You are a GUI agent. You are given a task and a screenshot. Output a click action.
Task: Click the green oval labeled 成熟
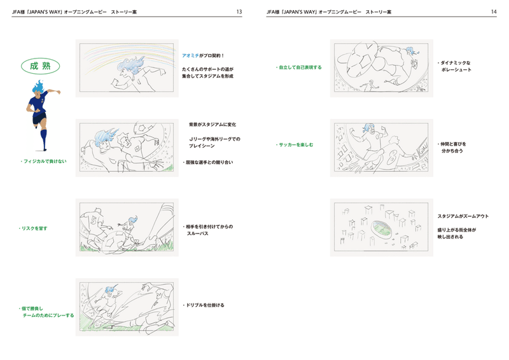point(40,66)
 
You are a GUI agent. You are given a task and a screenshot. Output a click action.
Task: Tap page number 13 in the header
point(239,11)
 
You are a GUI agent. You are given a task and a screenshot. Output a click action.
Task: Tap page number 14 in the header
point(494,11)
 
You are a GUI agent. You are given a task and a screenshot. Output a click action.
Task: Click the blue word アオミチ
point(190,55)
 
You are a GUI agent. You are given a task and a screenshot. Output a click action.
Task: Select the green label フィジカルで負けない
point(43,162)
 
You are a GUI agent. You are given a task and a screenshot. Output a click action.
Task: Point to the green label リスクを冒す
point(33,228)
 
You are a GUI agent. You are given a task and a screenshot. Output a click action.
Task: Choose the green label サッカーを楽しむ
point(295,145)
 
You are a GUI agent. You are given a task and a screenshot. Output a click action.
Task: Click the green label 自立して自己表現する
point(298,67)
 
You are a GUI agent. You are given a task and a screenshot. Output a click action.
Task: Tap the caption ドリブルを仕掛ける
point(204,305)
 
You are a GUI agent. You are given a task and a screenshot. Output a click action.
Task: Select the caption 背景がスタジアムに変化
point(213,124)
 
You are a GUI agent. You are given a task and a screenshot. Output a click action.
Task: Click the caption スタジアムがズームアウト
point(463,216)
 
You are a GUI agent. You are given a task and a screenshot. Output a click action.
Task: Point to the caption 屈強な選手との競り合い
point(208,162)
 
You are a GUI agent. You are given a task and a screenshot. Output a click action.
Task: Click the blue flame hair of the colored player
point(38,86)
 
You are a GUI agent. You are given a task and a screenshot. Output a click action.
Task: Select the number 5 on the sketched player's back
point(94,221)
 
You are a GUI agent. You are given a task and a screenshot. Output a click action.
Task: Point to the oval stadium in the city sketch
point(381,228)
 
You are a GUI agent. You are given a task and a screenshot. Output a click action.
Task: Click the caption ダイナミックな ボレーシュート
point(454,66)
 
